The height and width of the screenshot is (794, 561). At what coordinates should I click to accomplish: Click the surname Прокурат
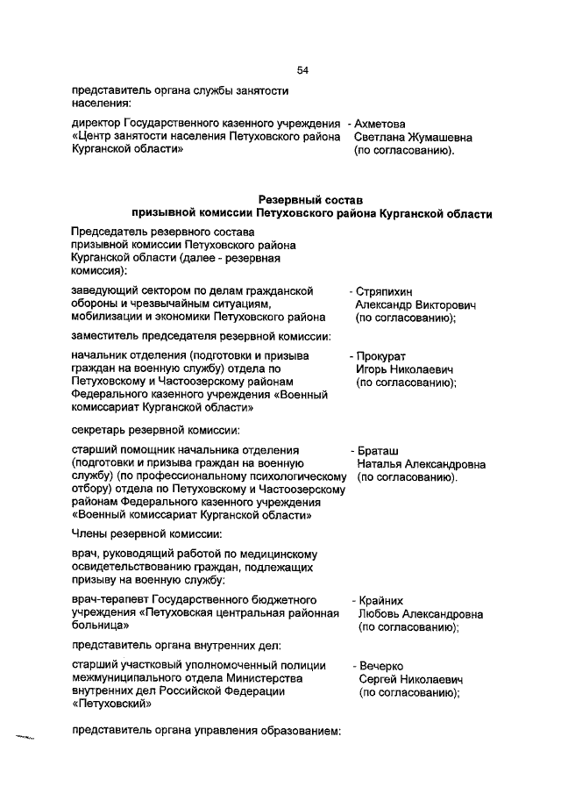click(384, 356)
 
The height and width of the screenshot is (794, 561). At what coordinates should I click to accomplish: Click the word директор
click(95, 123)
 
